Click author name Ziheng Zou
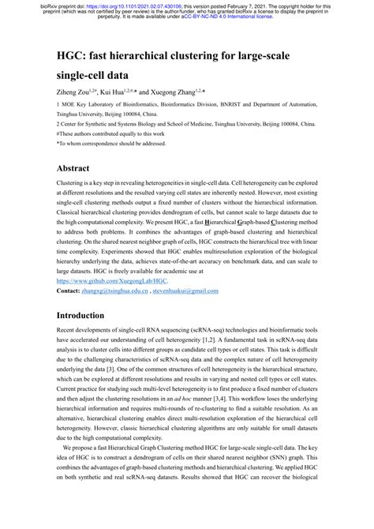pos(78,93)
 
